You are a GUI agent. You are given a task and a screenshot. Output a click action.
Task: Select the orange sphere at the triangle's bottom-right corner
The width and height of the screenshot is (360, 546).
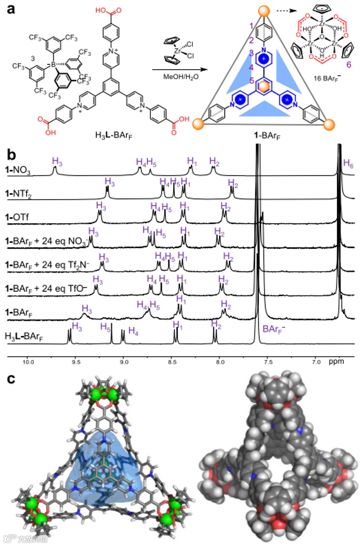(x=328, y=124)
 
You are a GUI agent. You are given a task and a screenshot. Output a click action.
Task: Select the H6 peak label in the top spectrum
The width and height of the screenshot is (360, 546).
(x=348, y=163)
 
